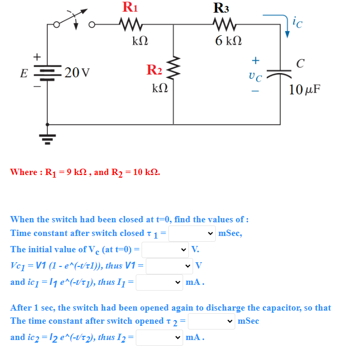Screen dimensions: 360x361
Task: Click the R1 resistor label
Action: (129, 7)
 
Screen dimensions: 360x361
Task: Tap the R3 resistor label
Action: (222, 8)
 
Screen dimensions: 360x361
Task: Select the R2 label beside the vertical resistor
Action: (154, 69)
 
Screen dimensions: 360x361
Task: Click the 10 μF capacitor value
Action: (305, 89)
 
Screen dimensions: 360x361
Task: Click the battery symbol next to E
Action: (48, 72)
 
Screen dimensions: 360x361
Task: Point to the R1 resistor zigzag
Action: (129, 24)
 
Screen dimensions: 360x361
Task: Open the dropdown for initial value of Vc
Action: (165, 250)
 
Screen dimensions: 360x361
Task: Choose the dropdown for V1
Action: (169, 266)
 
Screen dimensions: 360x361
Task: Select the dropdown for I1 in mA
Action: (159, 282)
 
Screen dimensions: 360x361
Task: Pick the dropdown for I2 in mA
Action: (159, 337)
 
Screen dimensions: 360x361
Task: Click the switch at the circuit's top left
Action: (74, 19)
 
